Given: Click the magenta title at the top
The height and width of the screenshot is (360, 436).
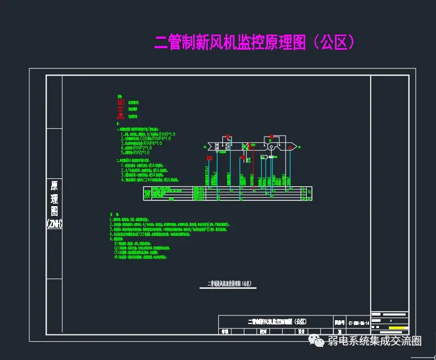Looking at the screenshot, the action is point(255,42).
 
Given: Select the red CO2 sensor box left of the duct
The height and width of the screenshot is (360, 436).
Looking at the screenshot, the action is point(209,158).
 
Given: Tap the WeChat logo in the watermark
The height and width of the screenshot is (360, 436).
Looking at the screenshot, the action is point(317,341).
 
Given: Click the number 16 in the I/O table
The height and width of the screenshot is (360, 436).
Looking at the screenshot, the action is point(309,193).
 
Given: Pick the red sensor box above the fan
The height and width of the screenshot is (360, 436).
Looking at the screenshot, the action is point(271,137).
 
